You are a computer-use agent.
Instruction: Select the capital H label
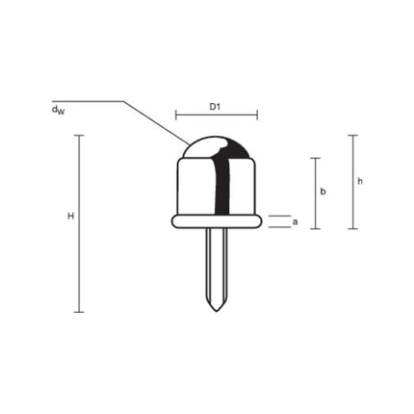pyautogui.click(x=70, y=217)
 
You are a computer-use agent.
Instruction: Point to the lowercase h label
pyautogui.click(x=360, y=181)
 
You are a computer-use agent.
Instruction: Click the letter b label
pyautogui.click(x=323, y=192)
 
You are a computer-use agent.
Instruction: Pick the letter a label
pyautogui.click(x=295, y=221)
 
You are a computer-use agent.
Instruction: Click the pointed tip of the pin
pyautogui.click(x=217, y=307)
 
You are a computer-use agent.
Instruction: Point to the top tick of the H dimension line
pyautogui.click(x=79, y=135)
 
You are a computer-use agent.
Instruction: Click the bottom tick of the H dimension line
pyautogui.click(x=79, y=312)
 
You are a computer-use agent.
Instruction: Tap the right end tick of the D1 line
pyautogui.click(x=257, y=116)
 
